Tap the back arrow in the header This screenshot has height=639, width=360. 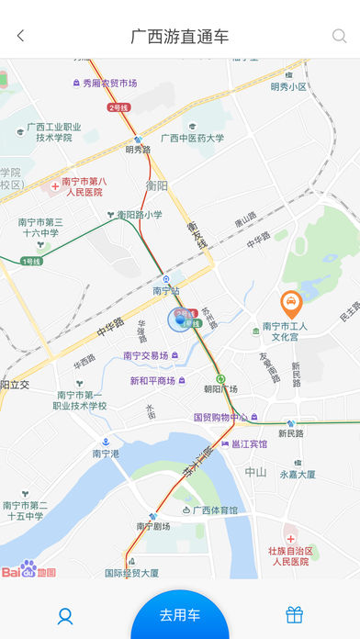(20, 37)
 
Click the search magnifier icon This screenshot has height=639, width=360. (339, 37)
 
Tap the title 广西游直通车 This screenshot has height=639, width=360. (180, 37)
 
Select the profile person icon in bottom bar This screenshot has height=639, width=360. (65, 615)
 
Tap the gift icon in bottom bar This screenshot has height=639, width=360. (294, 615)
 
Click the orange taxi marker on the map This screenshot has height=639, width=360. (291, 300)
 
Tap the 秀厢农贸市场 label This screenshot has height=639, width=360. (110, 83)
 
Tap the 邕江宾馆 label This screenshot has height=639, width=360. (249, 443)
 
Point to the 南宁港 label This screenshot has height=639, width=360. (106, 453)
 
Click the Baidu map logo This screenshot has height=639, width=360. (28, 571)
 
